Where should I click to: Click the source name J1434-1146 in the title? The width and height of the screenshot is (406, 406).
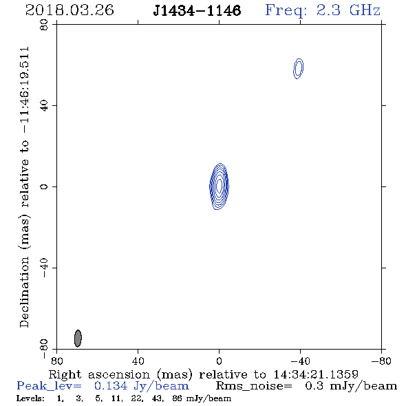tap(197, 10)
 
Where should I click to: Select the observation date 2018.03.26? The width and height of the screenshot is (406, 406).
tap(70, 10)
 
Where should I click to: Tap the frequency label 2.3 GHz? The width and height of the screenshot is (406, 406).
tap(348, 10)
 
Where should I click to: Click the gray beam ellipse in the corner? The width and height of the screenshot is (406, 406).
tap(78, 338)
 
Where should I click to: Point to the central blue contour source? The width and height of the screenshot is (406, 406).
tap(219, 186)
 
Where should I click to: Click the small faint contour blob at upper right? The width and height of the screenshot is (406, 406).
tap(298, 69)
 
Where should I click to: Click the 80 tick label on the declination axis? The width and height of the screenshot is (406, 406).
tap(44, 25)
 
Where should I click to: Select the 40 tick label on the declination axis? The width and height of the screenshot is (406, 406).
tap(44, 106)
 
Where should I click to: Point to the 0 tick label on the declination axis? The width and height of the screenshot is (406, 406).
tap(44, 186)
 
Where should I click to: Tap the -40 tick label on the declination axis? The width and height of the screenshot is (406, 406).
tap(44, 268)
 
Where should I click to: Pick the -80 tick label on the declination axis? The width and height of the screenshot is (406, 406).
tap(44, 349)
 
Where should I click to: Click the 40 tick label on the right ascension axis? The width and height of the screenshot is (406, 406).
tap(138, 361)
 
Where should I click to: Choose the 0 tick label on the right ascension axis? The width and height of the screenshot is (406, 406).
tap(219, 361)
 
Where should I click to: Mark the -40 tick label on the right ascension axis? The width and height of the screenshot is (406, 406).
tap(300, 361)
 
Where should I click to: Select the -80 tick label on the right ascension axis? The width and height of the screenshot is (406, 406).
tap(381, 361)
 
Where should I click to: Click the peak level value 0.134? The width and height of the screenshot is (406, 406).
tap(111, 386)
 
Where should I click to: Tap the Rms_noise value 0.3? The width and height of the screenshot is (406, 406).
tap(314, 386)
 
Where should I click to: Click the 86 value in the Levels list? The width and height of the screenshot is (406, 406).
tap(178, 398)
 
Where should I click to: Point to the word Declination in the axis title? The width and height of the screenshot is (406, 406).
tap(24, 292)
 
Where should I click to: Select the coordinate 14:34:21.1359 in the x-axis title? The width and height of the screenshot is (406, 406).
tap(316, 374)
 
